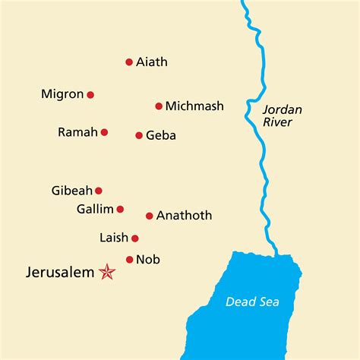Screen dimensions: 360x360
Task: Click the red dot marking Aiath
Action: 129,62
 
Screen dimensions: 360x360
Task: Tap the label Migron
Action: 62,95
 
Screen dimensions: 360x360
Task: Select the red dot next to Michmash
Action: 159,106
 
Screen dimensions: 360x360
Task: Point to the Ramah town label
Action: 77,132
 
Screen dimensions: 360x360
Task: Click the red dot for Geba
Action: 139,135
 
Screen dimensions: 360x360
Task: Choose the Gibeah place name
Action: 71,191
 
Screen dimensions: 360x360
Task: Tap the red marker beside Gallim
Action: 120,209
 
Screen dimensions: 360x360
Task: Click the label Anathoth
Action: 184,216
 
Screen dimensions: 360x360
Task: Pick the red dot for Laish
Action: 135,238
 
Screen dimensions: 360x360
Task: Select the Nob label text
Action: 148,260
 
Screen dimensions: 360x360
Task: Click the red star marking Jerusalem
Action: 107,272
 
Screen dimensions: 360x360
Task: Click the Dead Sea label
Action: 252,302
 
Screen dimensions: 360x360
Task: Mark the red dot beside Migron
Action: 90,95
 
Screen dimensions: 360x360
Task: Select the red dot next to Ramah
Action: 104,132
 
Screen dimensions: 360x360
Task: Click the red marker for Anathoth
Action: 150,216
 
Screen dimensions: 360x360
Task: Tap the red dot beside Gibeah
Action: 98,191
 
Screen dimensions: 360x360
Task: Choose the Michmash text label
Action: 194,106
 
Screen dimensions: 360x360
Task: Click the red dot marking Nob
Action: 129,260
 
